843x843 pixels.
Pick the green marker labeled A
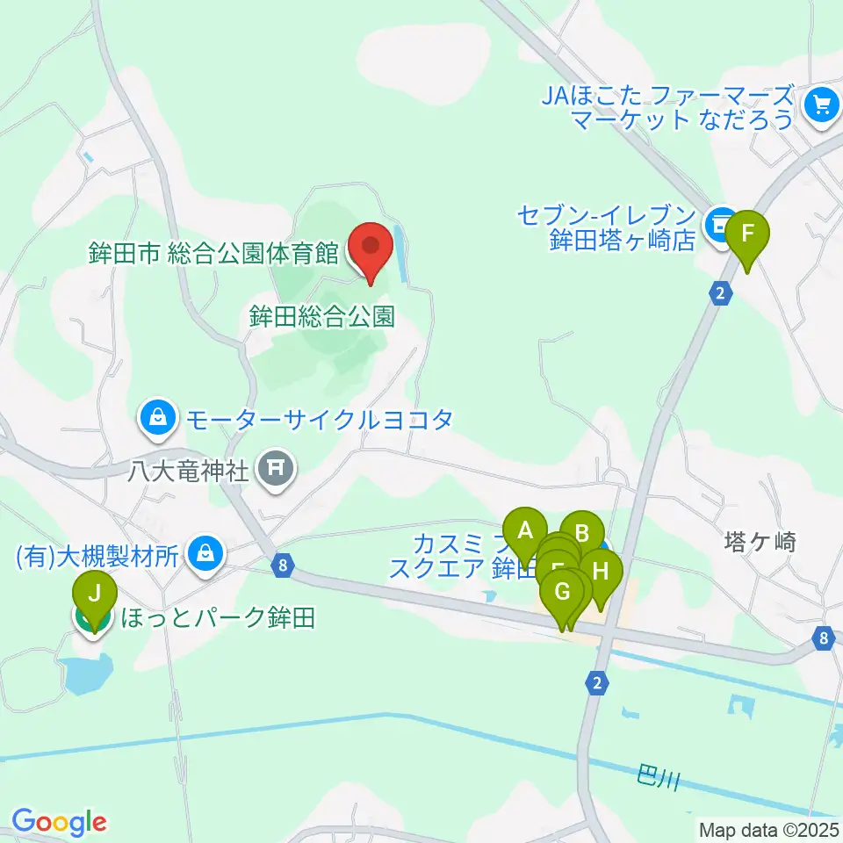click(x=525, y=532)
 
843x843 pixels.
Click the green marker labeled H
click(x=601, y=573)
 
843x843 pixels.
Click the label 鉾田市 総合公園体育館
click(x=213, y=255)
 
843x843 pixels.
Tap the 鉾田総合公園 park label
click(x=321, y=316)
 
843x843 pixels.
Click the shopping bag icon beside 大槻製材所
click(x=205, y=554)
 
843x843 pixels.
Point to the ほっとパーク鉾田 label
click(x=216, y=618)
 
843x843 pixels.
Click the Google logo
click(x=59, y=823)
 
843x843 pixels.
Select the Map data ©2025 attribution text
click(x=770, y=829)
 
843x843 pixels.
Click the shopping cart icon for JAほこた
click(x=823, y=105)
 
